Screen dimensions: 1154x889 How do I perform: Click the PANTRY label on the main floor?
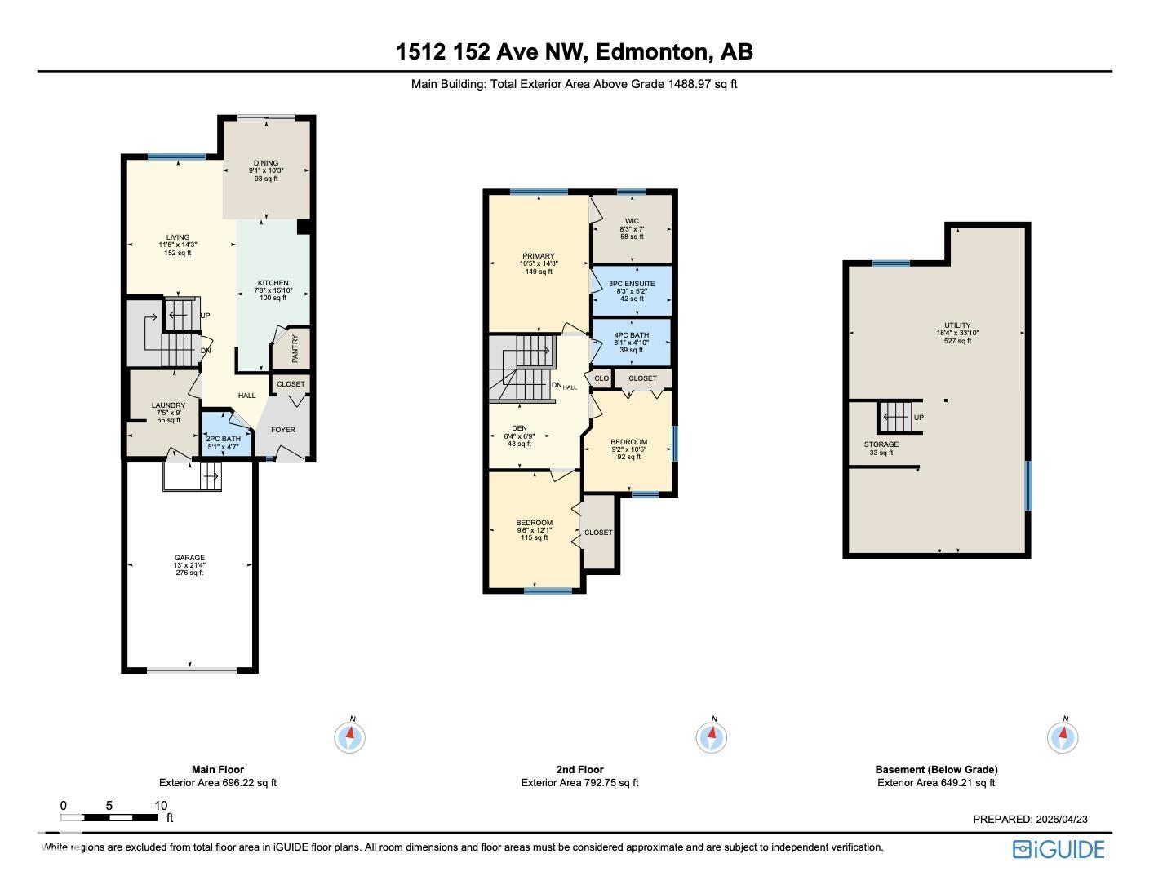(x=295, y=349)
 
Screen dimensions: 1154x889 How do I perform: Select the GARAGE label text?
(x=189, y=558)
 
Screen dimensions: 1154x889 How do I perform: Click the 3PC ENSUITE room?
(x=632, y=290)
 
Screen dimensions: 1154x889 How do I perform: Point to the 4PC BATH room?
(x=632, y=343)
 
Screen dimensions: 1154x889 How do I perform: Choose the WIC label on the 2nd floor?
(x=632, y=221)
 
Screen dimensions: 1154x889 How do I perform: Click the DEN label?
(x=519, y=428)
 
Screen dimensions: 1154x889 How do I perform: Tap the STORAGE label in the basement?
(x=881, y=444)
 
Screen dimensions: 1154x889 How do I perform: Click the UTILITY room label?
(x=957, y=325)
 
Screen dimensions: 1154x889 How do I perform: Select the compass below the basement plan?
(x=1063, y=736)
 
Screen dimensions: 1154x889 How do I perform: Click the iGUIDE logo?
(x=1059, y=850)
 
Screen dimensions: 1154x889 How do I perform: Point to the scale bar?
(x=109, y=817)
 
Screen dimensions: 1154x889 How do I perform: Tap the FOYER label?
(x=283, y=429)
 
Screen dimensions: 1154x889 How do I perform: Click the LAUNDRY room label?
(x=168, y=405)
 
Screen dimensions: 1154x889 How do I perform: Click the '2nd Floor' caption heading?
(x=580, y=770)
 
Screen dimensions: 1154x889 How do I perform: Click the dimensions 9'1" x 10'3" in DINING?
(x=266, y=171)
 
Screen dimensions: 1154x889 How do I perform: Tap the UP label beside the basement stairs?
(x=919, y=417)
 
